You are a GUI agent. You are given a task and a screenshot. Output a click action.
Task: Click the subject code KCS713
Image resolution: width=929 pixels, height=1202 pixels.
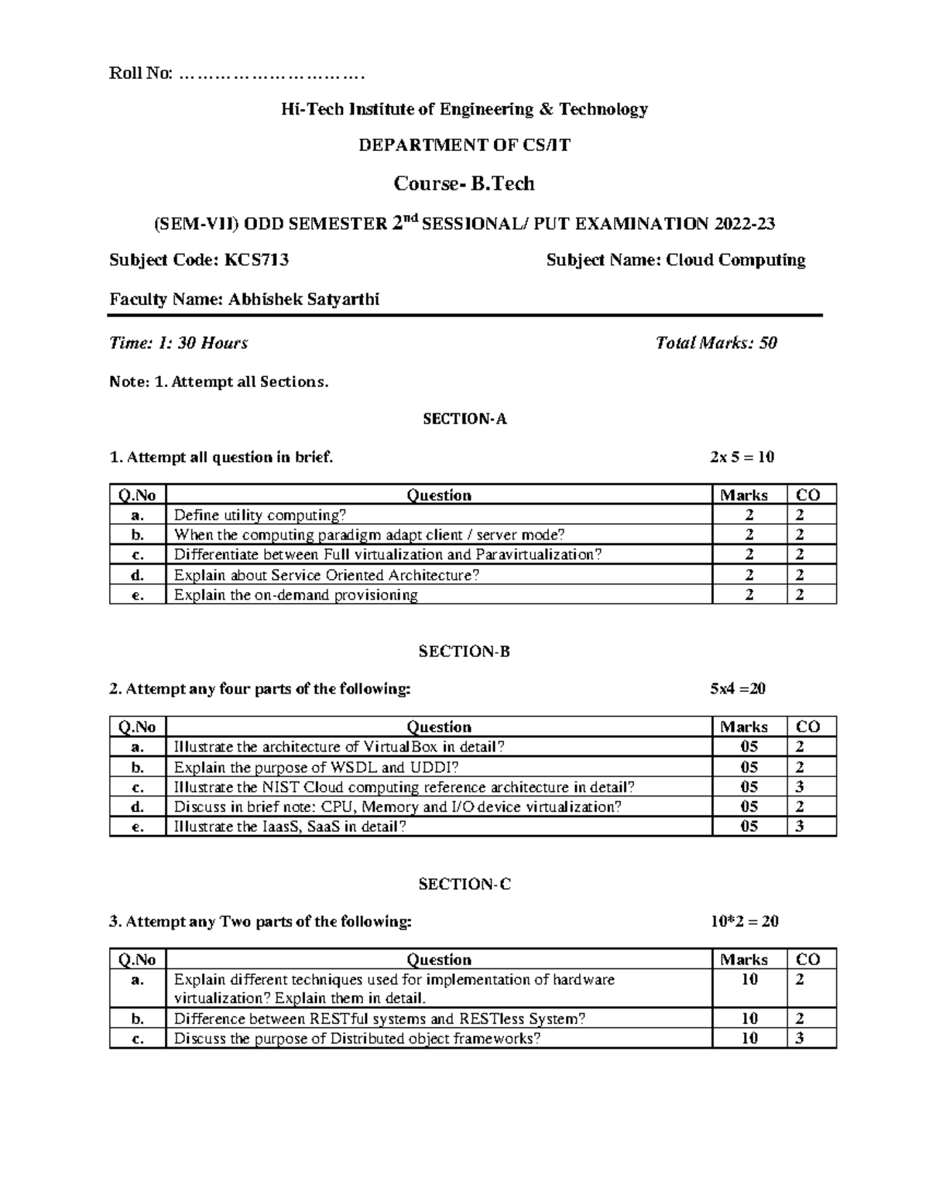pos(256,260)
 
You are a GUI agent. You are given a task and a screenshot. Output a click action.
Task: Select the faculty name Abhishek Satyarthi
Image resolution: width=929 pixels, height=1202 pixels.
pos(303,300)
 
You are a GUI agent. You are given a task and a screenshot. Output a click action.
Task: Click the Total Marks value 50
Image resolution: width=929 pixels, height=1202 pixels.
pos(768,343)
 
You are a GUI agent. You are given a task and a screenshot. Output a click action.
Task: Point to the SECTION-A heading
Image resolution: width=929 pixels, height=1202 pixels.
pos(464,419)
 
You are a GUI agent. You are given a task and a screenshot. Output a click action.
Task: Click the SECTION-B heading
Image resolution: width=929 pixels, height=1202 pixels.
pos(464,652)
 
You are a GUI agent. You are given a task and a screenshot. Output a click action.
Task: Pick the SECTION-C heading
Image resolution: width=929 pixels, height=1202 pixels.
pos(464,884)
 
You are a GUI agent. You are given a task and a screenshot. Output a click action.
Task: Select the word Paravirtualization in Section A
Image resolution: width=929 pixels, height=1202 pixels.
pos(538,555)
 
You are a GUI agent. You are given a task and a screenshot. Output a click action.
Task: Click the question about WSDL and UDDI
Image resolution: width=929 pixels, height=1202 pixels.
pos(316,768)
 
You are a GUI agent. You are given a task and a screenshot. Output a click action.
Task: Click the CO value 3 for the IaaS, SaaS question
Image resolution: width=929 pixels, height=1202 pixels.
pos(800,827)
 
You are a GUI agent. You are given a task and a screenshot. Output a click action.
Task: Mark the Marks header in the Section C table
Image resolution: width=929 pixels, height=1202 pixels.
pos(744,960)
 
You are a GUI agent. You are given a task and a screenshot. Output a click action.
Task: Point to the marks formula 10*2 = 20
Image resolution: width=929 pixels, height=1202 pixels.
pos(744,922)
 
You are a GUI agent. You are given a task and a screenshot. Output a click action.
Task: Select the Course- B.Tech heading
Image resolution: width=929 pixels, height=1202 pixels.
pos(464,183)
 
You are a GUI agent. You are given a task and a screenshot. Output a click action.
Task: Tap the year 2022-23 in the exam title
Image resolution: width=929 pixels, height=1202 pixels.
pos(745,224)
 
